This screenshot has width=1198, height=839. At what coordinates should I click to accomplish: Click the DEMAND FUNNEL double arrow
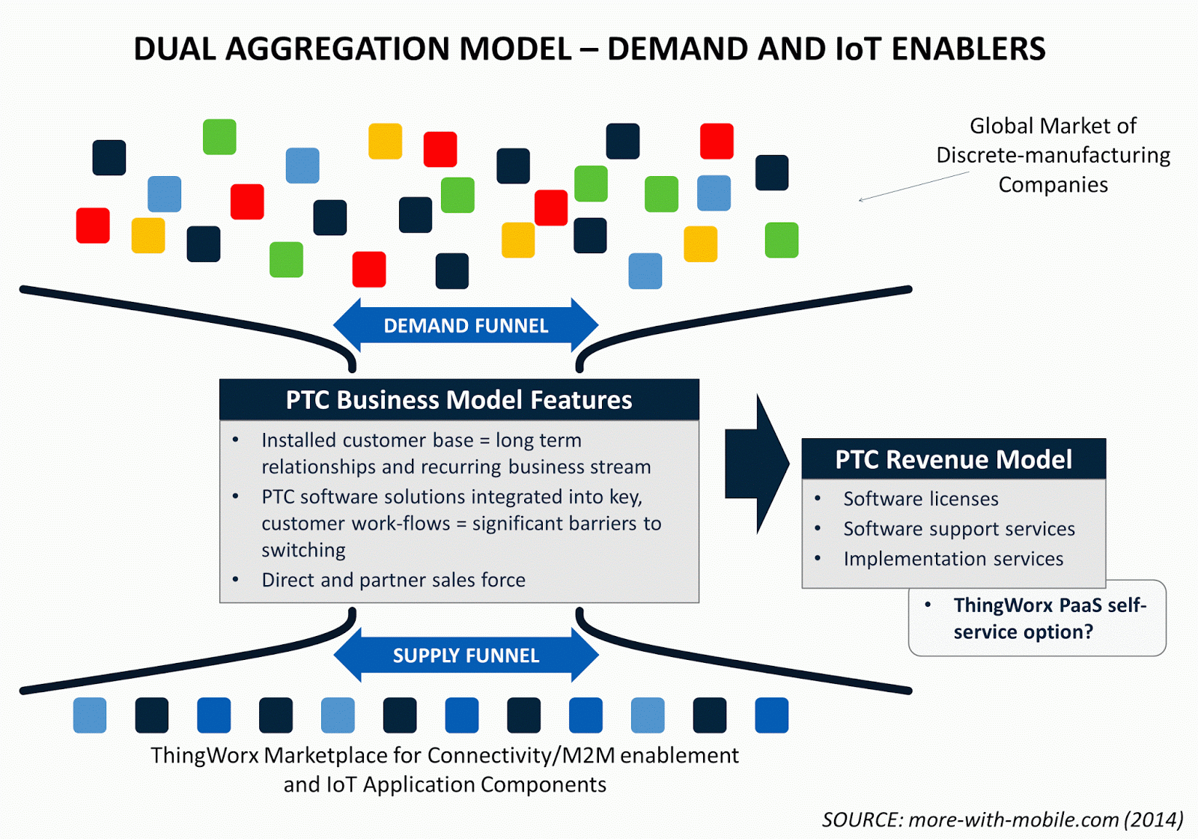pyautogui.click(x=466, y=325)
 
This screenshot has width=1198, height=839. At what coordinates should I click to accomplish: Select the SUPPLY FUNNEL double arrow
pyautogui.click(x=466, y=655)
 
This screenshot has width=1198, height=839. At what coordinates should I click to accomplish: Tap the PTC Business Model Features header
pyautogui.click(x=459, y=399)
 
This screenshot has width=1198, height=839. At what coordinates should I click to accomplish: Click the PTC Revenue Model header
pyautogui.click(x=953, y=459)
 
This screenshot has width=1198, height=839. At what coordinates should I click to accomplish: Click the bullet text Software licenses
pyautogui.click(x=920, y=499)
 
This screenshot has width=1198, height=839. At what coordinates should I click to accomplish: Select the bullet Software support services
pyautogui.click(x=958, y=529)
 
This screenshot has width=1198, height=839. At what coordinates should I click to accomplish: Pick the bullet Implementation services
pyautogui.click(x=952, y=559)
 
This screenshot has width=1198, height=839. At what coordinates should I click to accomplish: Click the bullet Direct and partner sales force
pyautogui.click(x=393, y=580)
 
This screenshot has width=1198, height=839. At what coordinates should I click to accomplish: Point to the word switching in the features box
pyautogui.click(x=303, y=551)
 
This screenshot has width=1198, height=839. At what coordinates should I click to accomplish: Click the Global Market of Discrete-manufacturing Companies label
pyautogui.click(x=1052, y=155)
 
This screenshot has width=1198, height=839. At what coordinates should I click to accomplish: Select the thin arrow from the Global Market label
pyautogui.click(x=913, y=187)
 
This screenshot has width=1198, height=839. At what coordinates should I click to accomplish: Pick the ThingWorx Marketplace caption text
pyautogui.click(x=445, y=769)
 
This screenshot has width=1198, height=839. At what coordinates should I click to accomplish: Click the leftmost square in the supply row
pyautogui.click(x=90, y=715)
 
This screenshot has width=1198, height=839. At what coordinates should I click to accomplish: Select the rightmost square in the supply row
pyautogui.click(x=771, y=715)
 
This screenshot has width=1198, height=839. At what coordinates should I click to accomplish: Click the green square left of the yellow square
pyautogui.click(x=219, y=137)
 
